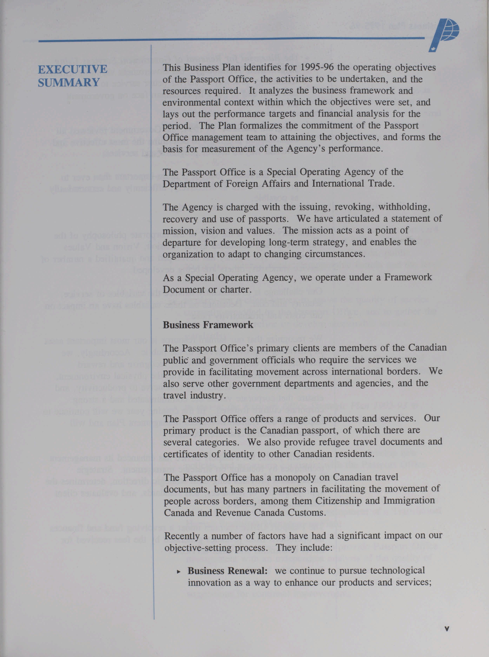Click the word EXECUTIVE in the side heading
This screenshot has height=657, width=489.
tap(73, 69)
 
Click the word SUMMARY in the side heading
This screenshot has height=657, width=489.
tap(69, 82)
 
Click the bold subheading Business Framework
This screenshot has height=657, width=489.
tap(208, 325)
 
